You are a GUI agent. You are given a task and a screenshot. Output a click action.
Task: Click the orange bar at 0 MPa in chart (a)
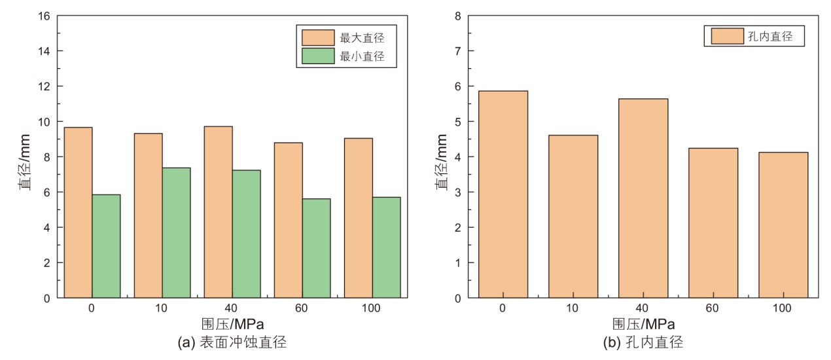coord(78,213)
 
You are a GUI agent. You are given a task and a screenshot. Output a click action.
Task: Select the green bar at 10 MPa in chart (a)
coord(176,233)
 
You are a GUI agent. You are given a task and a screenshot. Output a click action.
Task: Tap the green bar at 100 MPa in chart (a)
coord(386,247)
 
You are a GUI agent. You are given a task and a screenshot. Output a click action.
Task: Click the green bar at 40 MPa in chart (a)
coord(246,234)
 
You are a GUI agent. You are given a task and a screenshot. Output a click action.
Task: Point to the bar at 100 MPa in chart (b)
coord(783,225)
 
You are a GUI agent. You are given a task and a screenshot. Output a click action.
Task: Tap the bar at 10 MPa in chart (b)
coord(573,217)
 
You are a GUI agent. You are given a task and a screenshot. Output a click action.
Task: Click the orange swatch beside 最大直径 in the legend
coord(317,37)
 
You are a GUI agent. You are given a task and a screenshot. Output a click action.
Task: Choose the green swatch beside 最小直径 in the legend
coord(317,57)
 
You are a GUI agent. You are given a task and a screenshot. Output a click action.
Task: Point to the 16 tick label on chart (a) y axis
coord(44,16)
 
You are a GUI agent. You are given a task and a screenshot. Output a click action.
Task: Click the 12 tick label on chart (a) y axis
coord(44,86)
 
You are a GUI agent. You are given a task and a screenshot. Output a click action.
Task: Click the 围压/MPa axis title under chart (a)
coord(232,324)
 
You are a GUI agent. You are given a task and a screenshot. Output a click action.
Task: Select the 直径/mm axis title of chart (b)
coord(443,157)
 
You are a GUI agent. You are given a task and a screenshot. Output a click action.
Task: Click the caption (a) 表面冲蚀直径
coord(232,342)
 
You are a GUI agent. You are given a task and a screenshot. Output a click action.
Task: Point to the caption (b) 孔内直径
coord(643,342)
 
